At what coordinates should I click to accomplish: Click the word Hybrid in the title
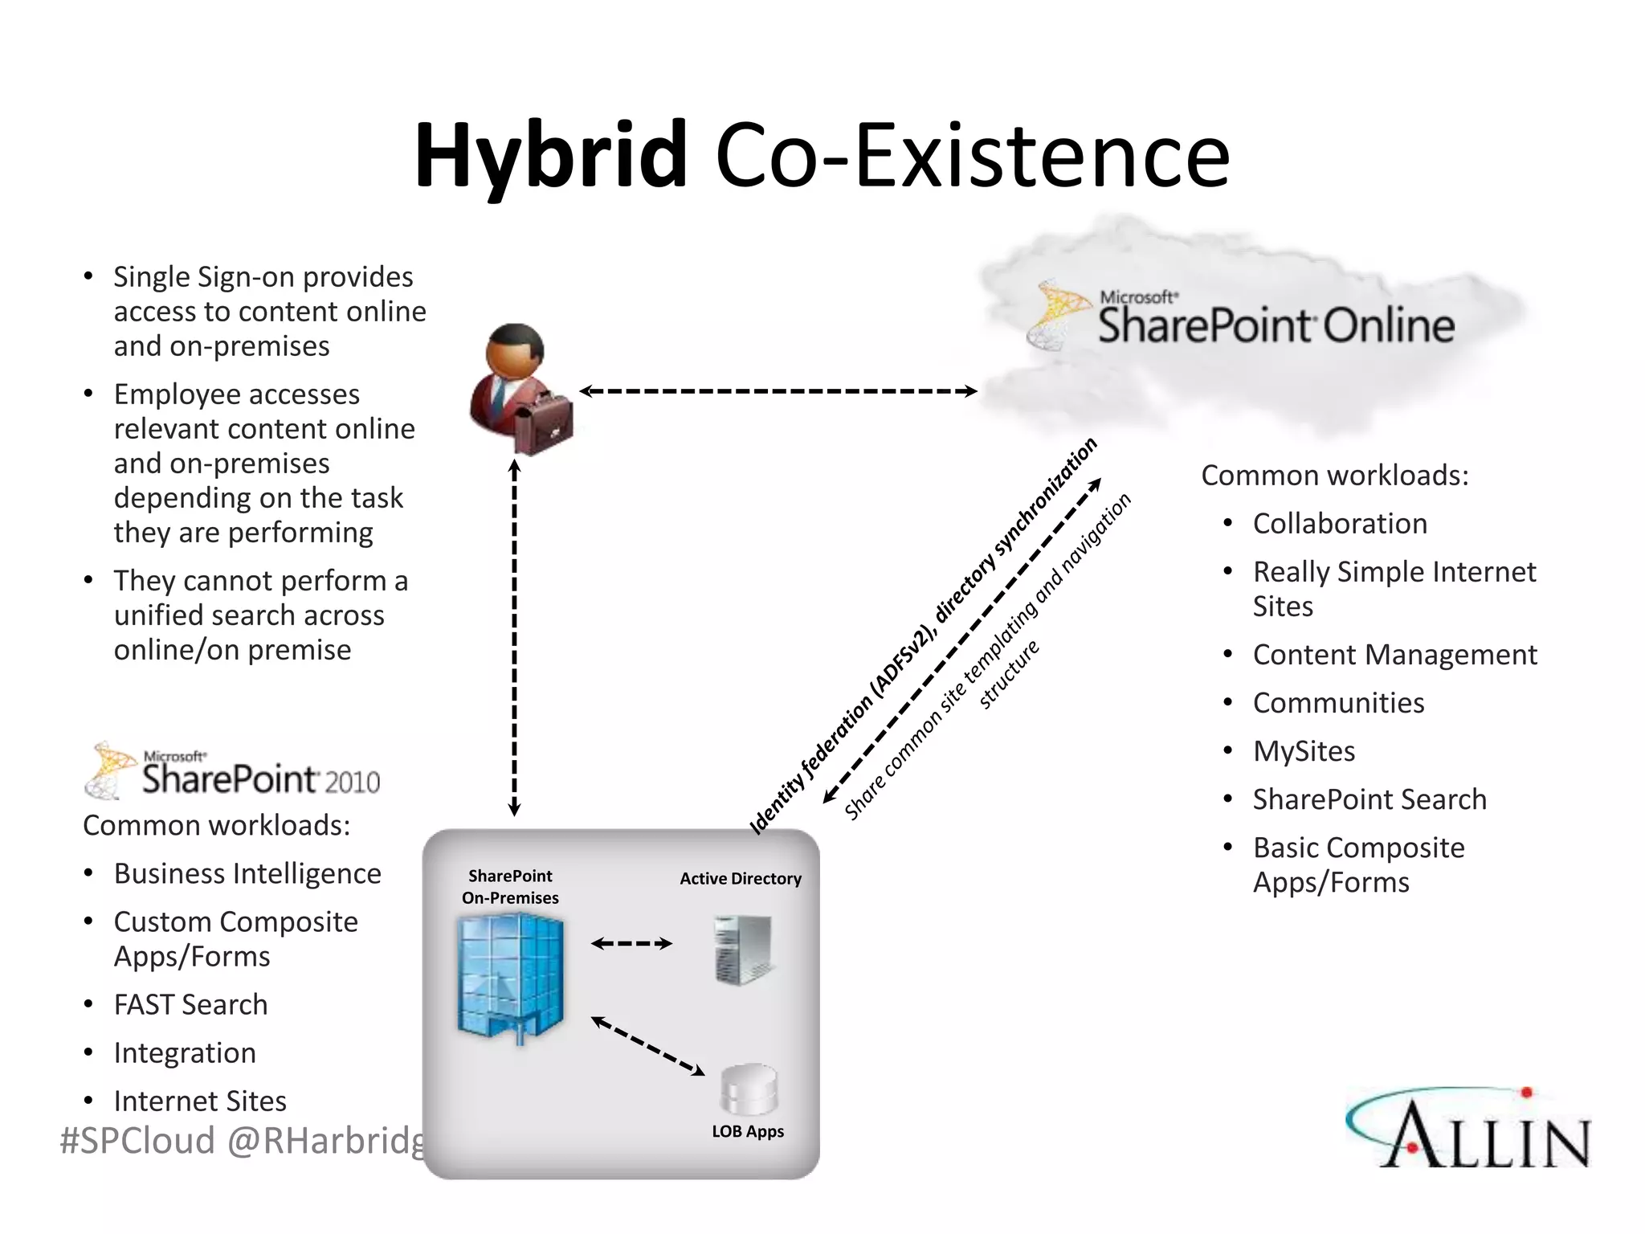point(551,155)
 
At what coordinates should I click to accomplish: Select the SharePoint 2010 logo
point(233,771)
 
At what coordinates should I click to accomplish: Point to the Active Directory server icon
point(743,950)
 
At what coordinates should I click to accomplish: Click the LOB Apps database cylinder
point(749,1089)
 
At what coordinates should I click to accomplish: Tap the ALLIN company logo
point(1468,1129)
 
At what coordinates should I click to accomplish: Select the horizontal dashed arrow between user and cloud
point(778,391)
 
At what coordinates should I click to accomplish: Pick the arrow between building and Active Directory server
point(631,943)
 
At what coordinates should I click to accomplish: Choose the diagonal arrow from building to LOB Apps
point(647,1045)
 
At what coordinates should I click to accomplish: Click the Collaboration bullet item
point(1340,524)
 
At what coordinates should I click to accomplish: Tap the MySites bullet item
point(1304,751)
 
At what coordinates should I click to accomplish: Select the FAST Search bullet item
point(190,1005)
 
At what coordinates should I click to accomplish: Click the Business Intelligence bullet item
point(247,874)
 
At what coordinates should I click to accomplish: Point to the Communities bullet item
point(1338,703)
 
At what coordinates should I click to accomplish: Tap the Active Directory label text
point(741,879)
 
